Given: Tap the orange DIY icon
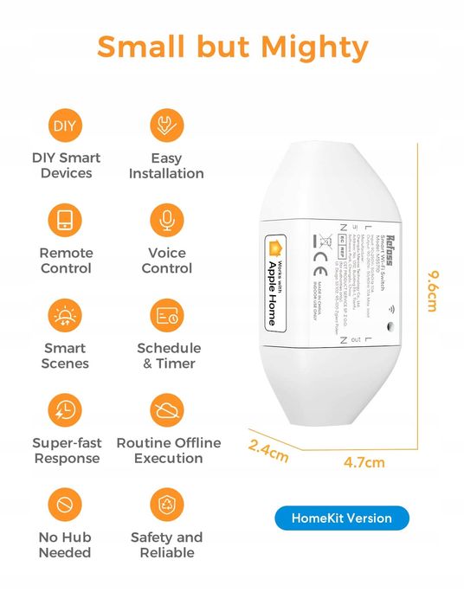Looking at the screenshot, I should click(66, 126).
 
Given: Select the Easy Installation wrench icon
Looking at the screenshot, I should click(166, 126).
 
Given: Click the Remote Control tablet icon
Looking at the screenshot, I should click(66, 220).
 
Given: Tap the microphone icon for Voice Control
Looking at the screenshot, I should click(166, 220).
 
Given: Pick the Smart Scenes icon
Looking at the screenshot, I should click(66, 316).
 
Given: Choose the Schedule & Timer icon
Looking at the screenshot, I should click(166, 316).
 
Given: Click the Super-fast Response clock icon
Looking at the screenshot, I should click(66, 409).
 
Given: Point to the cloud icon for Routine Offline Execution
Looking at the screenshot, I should click(166, 409).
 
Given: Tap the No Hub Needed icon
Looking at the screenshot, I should click(66, 504).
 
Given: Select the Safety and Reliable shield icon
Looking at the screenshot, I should click(166, 504).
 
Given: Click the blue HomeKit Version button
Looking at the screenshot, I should click(341, 518).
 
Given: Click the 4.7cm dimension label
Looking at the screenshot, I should click(364, 462).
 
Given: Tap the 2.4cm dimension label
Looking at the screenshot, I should click(268, 451).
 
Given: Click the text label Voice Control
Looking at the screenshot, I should click(166, 261).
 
